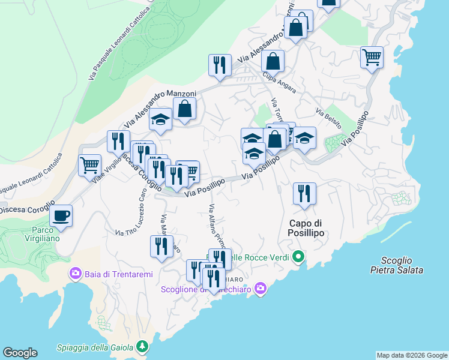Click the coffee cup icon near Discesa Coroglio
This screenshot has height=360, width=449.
(x=61, y=215)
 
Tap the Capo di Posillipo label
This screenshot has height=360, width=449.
(x=306, y=228)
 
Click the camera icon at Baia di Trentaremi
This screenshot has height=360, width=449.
(x=76, y=274)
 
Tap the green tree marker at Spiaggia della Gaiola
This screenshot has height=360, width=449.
(x=142, y=346)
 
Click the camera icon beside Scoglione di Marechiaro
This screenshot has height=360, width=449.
(x=260, y=289)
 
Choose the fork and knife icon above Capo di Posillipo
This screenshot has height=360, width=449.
(x=304, y=193)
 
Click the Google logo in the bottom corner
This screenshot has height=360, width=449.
(x=20, y=353)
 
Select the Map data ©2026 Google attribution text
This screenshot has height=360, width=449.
(x=412, y=355)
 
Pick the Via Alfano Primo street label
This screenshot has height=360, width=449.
(x=216, y=227)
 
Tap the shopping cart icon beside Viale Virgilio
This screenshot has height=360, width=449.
(x=89, y=164)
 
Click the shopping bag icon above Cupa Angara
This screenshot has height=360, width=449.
(x=273, y=61)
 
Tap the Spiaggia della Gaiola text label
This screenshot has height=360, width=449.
(x=96, y=347)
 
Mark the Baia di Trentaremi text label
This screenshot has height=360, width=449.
(x=118, y=274)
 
